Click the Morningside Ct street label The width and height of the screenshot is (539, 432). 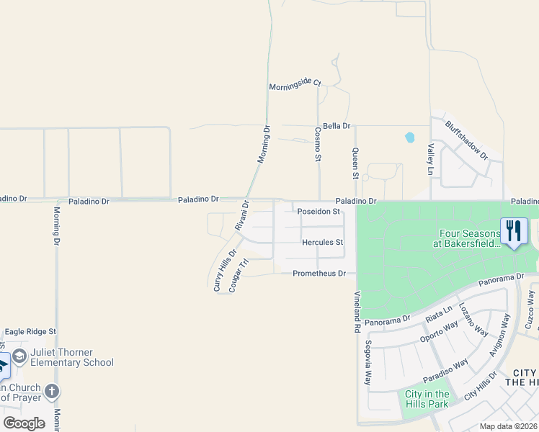coord(295,85)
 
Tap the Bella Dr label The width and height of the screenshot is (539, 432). coord(337,126)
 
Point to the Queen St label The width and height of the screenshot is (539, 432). coord(355,163)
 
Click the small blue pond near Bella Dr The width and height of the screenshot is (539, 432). coord(410,136)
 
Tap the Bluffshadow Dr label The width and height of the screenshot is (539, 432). coord(466,140)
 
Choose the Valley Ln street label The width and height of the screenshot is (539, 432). coord(431,159)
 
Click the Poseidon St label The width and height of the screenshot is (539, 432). coord(318,212)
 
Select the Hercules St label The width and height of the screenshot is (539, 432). coord(322,243)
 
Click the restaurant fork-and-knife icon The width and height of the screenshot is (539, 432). coord(514,230)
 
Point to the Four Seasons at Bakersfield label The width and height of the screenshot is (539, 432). coord(466,238)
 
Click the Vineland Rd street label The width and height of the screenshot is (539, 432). coord(357,311)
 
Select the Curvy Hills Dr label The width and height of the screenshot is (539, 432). coord(224,270)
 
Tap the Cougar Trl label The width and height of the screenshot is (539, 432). coord(239,275)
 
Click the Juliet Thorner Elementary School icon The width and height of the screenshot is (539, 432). coord(19,356)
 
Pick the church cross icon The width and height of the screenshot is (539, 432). coord(51,392)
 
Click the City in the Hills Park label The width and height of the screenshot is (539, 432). coord(427,399)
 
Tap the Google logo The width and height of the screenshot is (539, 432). coord(24,423)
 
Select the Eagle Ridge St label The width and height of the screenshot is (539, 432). coord(30,331)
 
